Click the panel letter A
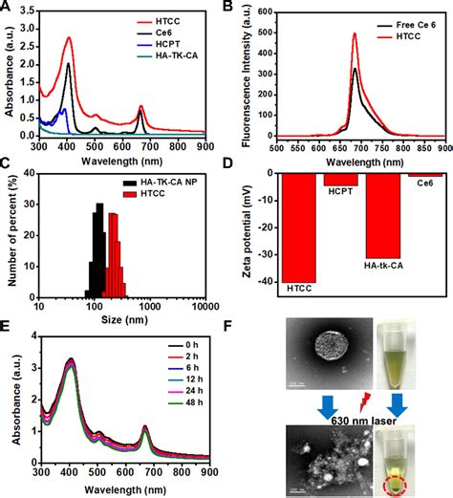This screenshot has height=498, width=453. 8,8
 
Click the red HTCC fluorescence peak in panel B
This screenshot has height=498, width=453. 354,34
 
